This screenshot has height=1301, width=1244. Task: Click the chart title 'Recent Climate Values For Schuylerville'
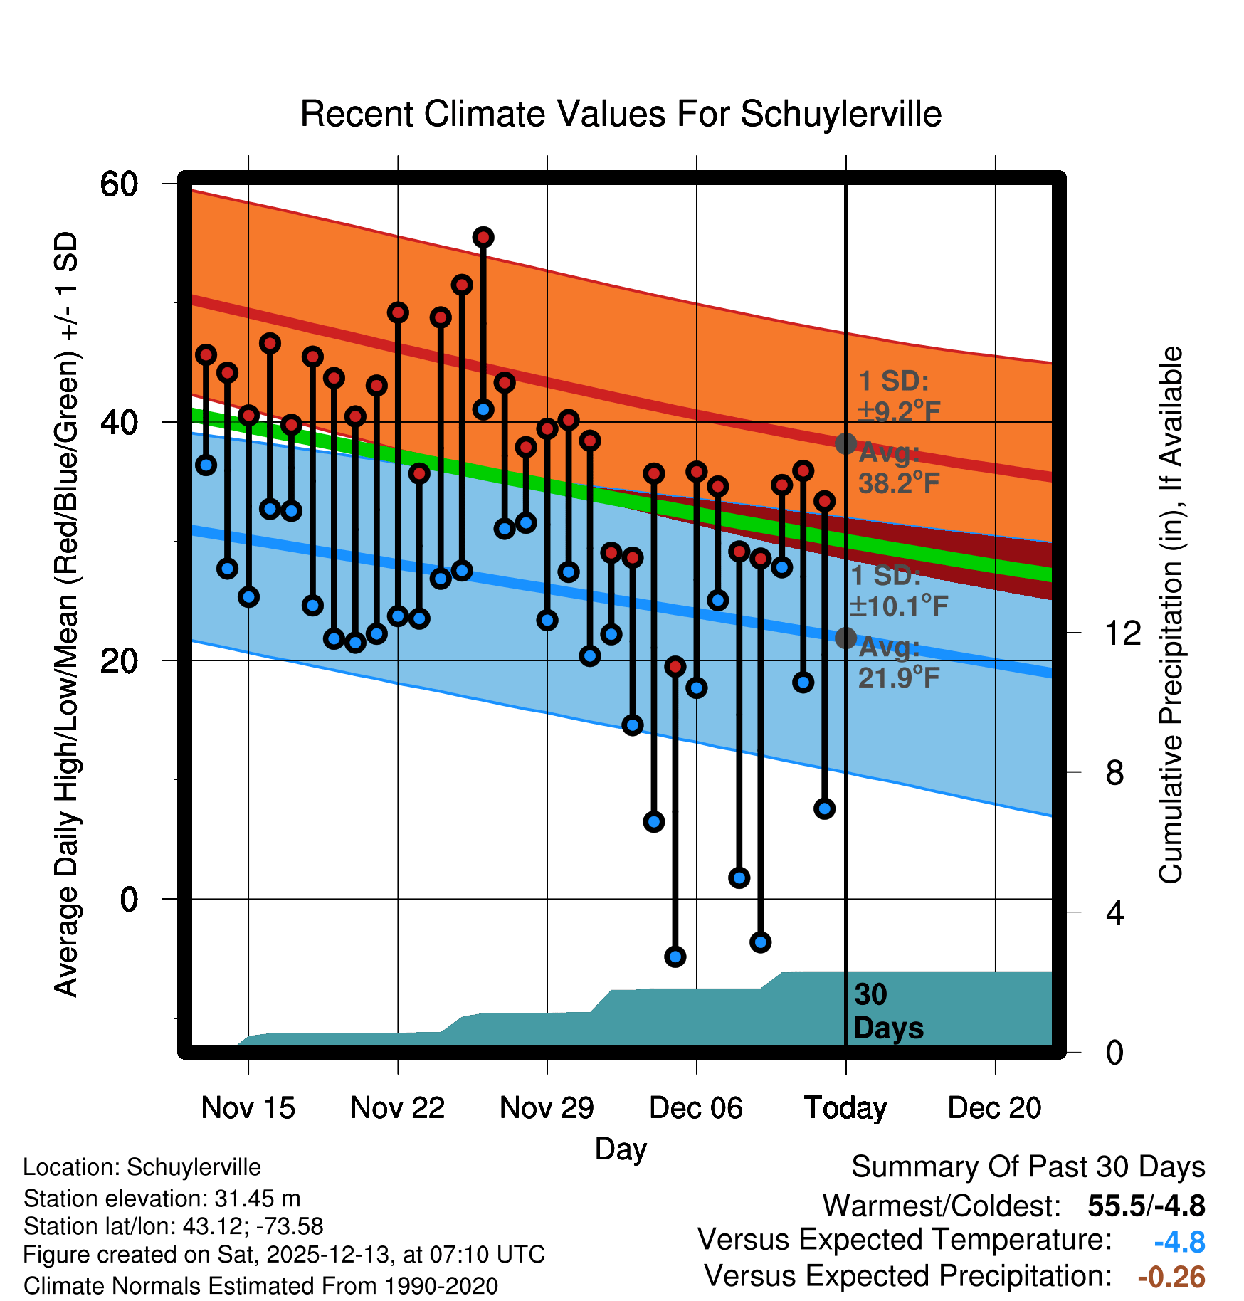[x=621, y=114]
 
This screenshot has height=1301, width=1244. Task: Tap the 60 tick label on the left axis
[x=119, y=184]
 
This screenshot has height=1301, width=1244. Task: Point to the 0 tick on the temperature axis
[x=129, y=900]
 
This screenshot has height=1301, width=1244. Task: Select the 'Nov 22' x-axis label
[x=397, y=1108]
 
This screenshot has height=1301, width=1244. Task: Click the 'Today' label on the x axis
[x=845, y=1108]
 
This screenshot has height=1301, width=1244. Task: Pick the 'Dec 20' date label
[x=994, y=1108]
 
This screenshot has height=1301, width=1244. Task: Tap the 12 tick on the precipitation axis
[x=1122, y=633]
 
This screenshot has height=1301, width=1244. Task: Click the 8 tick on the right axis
[x=1114, y=773]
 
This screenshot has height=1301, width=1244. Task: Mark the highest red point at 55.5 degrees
[x=483, y=238]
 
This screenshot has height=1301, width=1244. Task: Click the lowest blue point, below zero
[x=675, y=957]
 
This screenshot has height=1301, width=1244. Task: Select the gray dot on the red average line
[x=845, y=443]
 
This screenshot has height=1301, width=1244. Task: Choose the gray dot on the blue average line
[x=845, y=638]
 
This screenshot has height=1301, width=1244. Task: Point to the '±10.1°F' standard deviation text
[x=900, y=606]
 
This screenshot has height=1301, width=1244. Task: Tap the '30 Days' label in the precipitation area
[x=887, y=1011]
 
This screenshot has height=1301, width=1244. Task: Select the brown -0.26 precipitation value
[x=1171, y=1278]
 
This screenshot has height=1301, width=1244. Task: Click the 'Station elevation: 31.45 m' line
[x=162, y=1199]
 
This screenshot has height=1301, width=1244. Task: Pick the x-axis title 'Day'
[x=621, y=1149]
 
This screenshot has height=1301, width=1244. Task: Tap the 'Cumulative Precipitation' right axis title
[x=1171, y=616]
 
